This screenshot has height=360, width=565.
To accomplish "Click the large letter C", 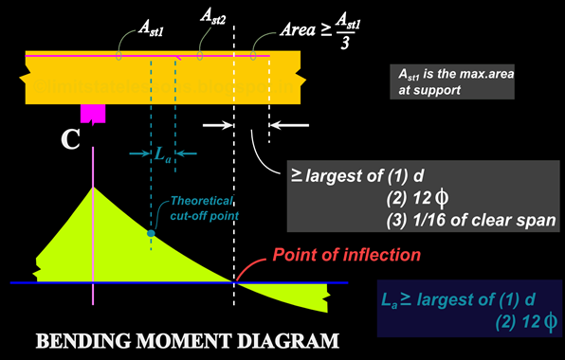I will tap(70, 140).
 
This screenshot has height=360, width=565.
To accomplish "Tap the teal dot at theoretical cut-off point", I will tap(151, 232).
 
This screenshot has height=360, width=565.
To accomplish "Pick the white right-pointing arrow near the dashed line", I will tap(215, 124).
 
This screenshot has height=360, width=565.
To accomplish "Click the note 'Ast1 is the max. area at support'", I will tap(450, 81).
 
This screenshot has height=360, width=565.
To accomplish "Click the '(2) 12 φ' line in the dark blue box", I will tap(526, 323).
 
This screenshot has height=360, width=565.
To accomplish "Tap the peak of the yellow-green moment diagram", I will tap(92, 189).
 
